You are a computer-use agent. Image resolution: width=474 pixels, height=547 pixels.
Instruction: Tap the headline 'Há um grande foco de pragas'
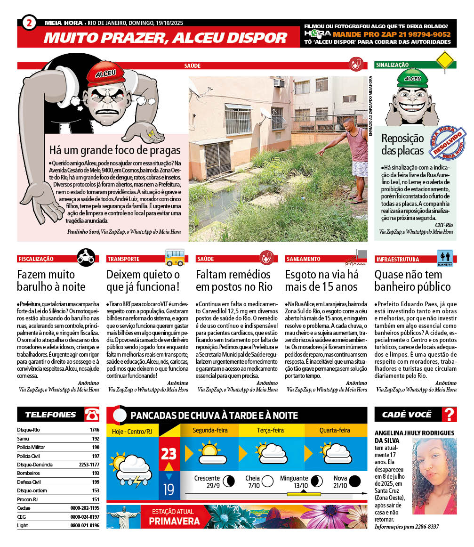coord(115,150)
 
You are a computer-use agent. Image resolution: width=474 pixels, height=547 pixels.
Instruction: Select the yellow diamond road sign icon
coord(445,61)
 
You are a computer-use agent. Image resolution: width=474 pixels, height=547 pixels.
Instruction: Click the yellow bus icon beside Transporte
coord(175,257)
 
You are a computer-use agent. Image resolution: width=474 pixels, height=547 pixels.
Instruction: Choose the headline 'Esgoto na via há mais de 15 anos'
coord(321,280)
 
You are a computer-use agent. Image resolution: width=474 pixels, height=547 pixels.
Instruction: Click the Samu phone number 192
coord(96,439)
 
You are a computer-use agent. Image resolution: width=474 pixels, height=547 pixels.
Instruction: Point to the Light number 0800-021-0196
coord(85,525)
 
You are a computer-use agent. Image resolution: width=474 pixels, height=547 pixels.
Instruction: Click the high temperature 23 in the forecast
coord(169,454)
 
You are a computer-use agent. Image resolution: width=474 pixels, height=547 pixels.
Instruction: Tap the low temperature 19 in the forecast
coord(169,490)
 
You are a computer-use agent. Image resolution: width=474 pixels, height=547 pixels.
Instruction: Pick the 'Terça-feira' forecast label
coord(270,430)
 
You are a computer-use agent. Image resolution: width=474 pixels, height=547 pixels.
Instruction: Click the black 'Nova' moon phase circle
coord(355,481)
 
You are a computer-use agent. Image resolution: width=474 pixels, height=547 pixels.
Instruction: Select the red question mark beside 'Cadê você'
coord(450,415)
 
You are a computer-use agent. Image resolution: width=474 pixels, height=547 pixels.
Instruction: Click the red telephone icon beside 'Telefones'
coord(92,415)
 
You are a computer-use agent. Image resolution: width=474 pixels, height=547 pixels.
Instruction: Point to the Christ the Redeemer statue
coord(120,515)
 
